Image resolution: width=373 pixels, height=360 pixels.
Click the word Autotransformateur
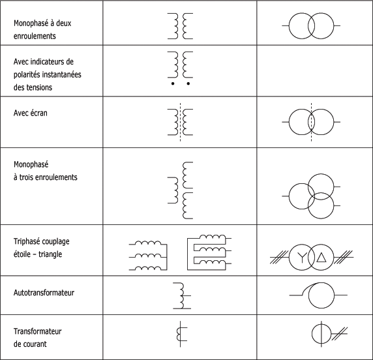[44, 293]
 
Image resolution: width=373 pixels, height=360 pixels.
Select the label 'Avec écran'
[31, 113]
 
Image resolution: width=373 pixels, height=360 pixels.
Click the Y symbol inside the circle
[302, 257]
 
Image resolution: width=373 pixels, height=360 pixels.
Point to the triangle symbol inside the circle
[321, 257]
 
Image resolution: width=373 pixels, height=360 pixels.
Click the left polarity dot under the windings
[173, 83]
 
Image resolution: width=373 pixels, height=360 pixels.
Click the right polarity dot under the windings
[188, 83]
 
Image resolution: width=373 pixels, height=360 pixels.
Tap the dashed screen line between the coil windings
[181, 122]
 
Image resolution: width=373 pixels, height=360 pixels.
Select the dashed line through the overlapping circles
[312, 122]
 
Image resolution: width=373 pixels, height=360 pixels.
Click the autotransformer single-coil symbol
[182, 295]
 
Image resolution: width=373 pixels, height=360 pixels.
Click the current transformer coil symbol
[180, 334]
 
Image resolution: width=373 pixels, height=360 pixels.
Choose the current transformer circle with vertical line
[321, 334]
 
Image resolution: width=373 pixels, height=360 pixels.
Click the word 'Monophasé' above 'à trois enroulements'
[31, 164]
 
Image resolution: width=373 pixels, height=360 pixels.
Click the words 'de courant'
[30, 344]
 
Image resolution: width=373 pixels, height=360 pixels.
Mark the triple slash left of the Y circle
[279, 257]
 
